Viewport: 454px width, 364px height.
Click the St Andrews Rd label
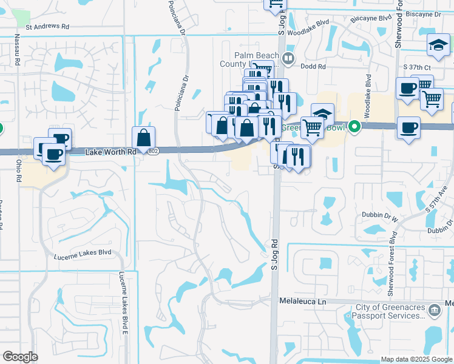click(x=48, y=27)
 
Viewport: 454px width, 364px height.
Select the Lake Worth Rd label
click(x=110, y=151)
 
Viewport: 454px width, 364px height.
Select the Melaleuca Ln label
click(x=303, y=301)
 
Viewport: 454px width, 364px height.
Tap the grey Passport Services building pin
click(x=434, y=311)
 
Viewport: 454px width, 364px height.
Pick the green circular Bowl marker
click(x=355, y=127)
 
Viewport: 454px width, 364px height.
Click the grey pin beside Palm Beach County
click(x=288, y=59)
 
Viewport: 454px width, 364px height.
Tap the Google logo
click(x=20, y=357)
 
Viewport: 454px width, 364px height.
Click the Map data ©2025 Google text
click(x=416, y=359)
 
